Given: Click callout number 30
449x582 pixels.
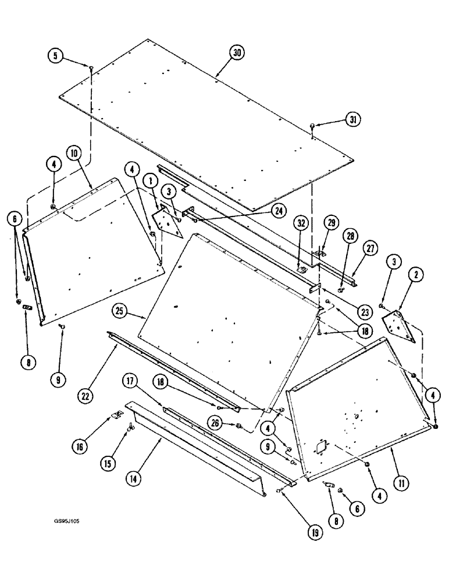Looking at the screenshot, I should pos(236,53).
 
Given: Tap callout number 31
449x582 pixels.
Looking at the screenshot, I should pos(352,119).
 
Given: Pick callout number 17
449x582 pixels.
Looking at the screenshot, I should pos(129,382).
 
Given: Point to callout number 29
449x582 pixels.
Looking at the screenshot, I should pos(330,223).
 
